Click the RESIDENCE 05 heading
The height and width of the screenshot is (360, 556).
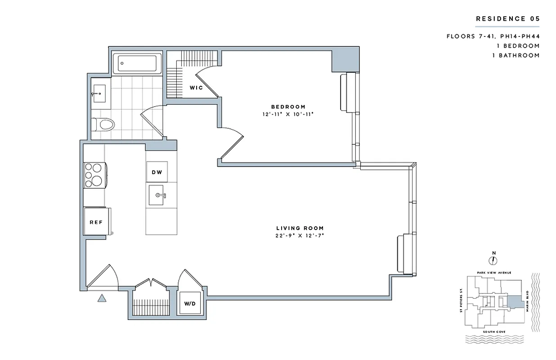pos(507,19)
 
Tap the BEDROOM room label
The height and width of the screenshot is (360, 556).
pos(288,107)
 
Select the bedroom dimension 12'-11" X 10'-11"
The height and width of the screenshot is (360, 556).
pos(288,114)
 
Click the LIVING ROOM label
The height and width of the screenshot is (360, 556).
pos(300,228)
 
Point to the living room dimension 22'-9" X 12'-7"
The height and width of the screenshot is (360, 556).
pos(300,236)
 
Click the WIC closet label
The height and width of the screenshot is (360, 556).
pos(196,88)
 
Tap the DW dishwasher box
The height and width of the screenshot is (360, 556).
pos(157,172)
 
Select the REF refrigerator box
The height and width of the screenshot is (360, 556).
pos(95,222)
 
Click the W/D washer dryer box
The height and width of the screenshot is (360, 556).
pos(190,304)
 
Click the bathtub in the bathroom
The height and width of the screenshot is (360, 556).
pos(137,64)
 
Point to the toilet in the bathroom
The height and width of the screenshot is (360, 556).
pos(103,123)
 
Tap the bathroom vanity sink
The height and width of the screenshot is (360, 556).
pos(99,94)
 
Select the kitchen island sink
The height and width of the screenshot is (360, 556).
pos(157,195)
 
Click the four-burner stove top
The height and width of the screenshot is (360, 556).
pos(94,175)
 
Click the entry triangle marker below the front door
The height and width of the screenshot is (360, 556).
pos(102,297)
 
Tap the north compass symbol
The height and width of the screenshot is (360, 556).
pos(493,260)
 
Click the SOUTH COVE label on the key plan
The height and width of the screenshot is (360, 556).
pos(493,332)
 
